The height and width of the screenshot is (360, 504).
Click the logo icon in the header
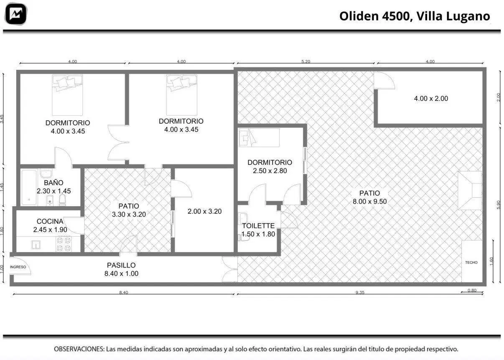[x=16, y=14]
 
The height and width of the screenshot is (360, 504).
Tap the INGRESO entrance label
[x=18, y=267]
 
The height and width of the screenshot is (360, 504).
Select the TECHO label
[x=471, y=263]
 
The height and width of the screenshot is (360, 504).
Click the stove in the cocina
[x=64, y=244]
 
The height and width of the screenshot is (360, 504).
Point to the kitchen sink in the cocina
[x=36, y=245]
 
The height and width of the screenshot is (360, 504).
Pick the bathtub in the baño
[x=29, y=188]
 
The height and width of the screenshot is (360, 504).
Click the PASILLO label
[x=121, y=266]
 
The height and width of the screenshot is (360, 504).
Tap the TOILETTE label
[x=258, y=226]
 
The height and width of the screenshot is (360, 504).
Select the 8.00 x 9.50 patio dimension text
[x=370, y=202]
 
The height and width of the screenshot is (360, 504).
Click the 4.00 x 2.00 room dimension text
[x=431, y=99]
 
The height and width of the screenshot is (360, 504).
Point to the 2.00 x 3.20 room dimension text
[x=204, y=212]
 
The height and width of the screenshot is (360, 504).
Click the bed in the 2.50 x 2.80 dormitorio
[x=259, y=138]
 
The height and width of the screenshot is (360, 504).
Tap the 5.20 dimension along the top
[x=306, y=61]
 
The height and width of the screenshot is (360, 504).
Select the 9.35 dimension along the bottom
[x=360, y=292]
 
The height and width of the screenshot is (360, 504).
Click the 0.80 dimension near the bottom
[x=472, y=291]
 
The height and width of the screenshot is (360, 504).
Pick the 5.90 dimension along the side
[x=498, y=204]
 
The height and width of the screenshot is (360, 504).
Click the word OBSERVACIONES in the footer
[x=79, y=349]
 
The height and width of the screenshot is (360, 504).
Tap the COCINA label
[x=50, y=222]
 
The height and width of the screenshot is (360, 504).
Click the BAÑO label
[x=53, y=183]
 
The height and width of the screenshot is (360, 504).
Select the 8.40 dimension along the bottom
[x=124, y=292]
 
